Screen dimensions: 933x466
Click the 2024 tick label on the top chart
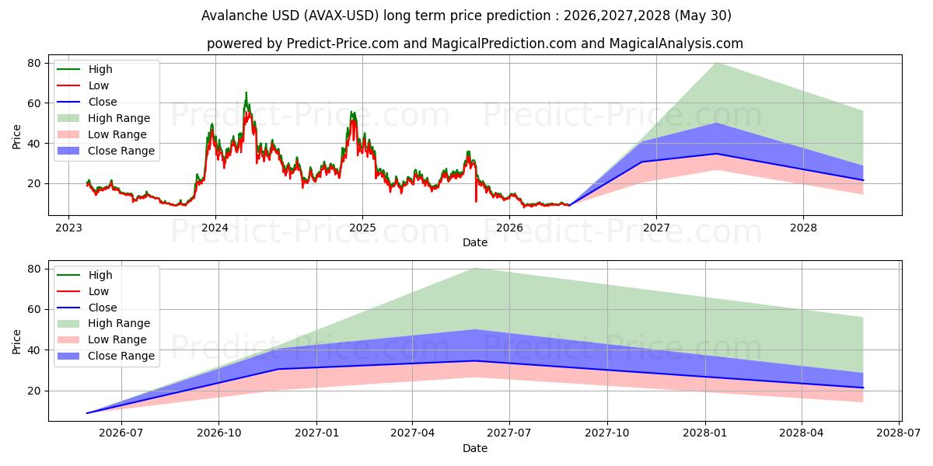click(215, 228)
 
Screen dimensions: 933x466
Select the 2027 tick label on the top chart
click(656, 228)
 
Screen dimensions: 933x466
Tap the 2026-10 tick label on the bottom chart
click(219, 433)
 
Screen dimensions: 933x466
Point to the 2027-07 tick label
click(509, 433)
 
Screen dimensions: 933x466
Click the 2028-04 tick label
click(802, 433)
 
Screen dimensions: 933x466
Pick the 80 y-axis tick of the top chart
click(34, 63)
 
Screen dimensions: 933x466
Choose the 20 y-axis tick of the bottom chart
click(34, 391)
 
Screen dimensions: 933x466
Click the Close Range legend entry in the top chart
click(106, 151)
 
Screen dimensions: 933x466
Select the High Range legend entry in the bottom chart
click(103, 323)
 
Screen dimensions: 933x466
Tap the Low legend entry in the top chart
click(82, 85)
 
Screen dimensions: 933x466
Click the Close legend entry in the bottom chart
click(86, 308)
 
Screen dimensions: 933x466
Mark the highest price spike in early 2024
click(246, 92)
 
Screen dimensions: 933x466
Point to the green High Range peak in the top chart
click(716, 63)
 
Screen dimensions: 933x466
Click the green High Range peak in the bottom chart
click(475, 269)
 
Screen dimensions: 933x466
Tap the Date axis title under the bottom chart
click(475, 448)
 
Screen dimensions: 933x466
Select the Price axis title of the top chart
click(16, 137)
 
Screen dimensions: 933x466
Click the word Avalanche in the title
click(235, 16)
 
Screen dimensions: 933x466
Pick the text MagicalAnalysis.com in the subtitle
click(676, 43)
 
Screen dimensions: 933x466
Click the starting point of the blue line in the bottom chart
click(87, 413)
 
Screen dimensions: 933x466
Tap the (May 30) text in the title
click(703, 16)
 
